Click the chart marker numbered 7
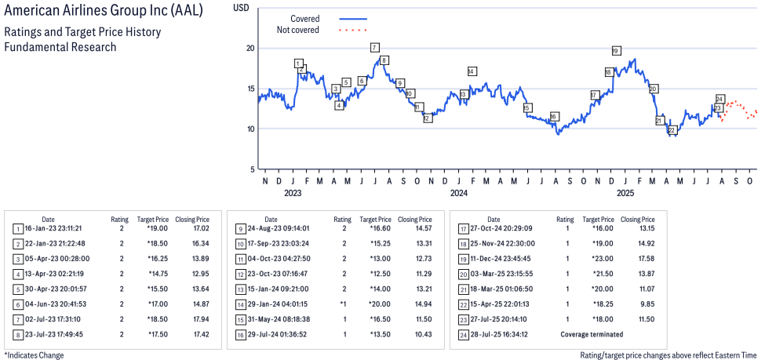(375, 48)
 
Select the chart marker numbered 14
(472, 71)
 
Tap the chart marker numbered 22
(671, 130)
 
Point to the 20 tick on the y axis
(250, 48)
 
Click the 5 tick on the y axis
(252, 169)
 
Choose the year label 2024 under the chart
(459, 192)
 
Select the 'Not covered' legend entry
(297, 30)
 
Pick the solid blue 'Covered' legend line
(353, 18)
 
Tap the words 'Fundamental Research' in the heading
(60, 47)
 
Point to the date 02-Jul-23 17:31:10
(60, 320)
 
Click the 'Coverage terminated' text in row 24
(592, 335)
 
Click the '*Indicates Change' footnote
(34, 355)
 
